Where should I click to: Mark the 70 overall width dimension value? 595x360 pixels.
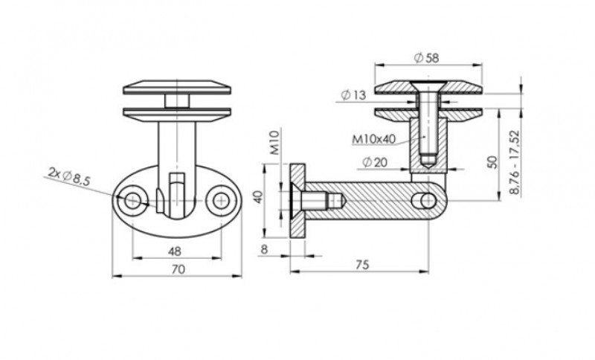tap(177, 270)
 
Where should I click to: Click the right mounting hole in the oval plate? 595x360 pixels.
tap(220, 199)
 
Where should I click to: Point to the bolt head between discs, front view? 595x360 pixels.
tap(176, 100)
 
